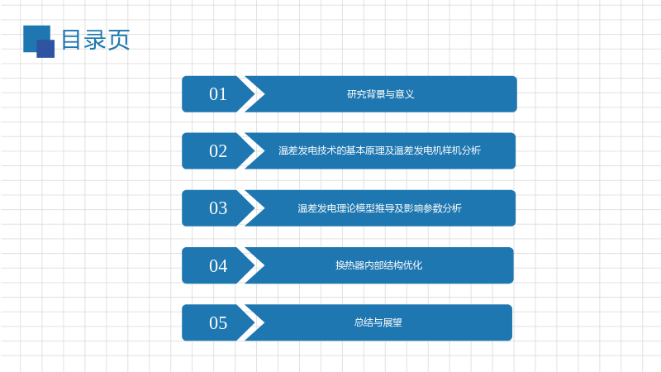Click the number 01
(x=218, y=94)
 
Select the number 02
(x=218, y=151)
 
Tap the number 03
(x=218, y=208)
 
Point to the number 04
(x=218, y=265)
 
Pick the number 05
(x=218, y=322)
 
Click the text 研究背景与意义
(x=380, y=94)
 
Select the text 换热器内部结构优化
(x=378, y=265)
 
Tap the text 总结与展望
(x=378, y=322)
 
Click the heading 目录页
(x=96, y=40)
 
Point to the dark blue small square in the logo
(x=45, y=49)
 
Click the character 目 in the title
(x=71, y=40)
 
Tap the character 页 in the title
(x=119, y=40)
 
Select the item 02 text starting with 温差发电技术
(x=379, y=150)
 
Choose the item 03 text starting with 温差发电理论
(x=379, y=208)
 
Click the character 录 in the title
(x=95, y=40)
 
